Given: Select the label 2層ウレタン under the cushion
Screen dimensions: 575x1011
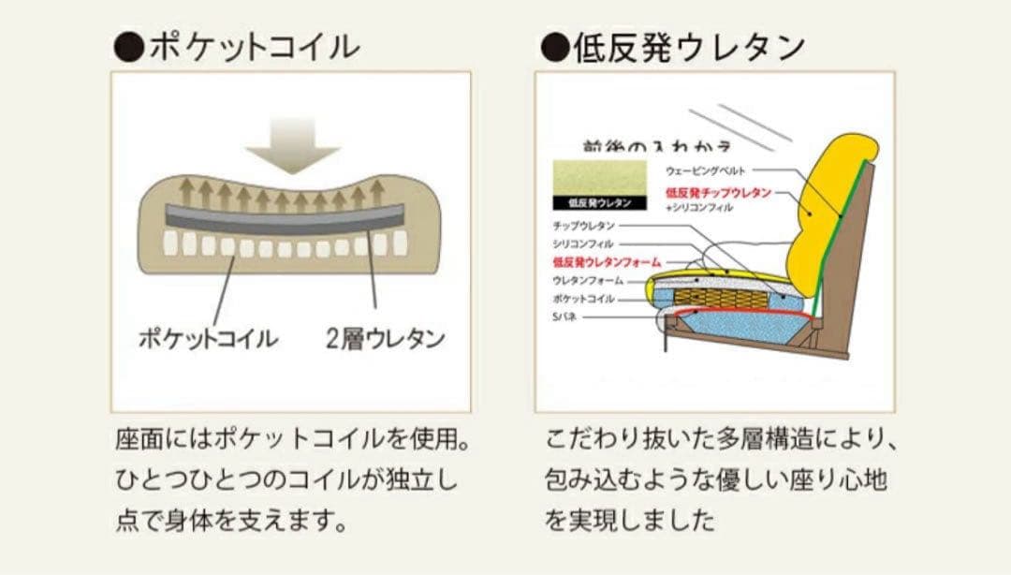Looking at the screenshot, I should tap(385, 338).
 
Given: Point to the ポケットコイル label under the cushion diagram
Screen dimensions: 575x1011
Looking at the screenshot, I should tap(207, 338).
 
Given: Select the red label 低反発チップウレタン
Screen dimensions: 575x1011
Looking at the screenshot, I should tap(718, 192).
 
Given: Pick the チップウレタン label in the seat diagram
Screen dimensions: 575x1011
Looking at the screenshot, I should tap(583, 226).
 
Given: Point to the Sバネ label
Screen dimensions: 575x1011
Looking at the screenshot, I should tap(564, 317).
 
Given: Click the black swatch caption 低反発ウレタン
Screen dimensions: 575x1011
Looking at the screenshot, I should tap(599, 202).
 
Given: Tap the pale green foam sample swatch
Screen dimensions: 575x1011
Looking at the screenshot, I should tap(599, 176).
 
